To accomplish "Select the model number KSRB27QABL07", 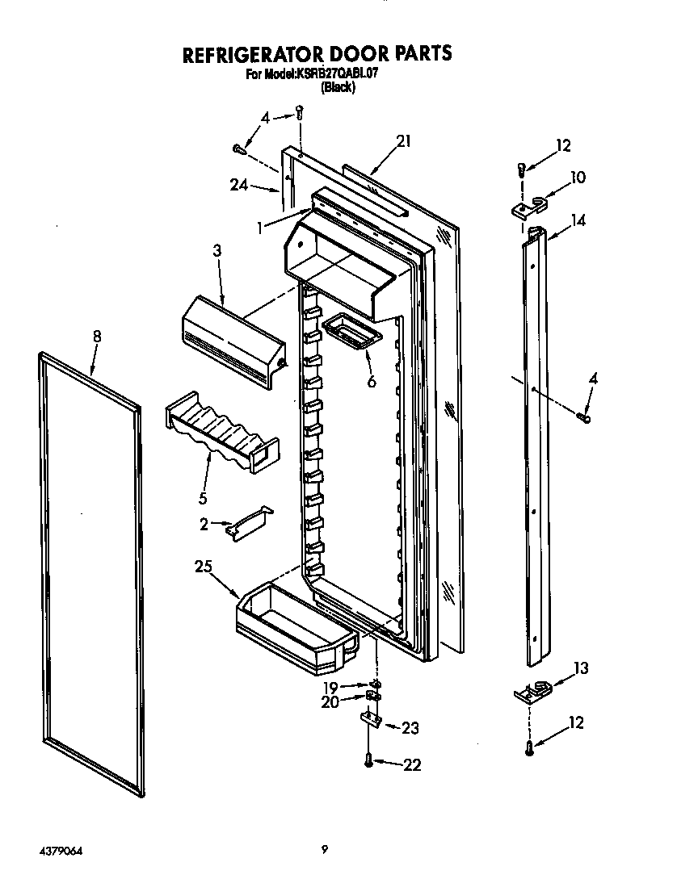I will click(x=338, y=74).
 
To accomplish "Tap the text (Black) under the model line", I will click(x=338, y=87).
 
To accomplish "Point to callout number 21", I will click(x=404, y=141).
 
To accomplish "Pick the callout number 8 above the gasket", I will click(x=97, y=337).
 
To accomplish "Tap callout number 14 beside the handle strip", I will click(x=578, y=219).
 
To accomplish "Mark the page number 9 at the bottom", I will click(x=324, y=848).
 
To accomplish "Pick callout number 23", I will click(x=410, y=728).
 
